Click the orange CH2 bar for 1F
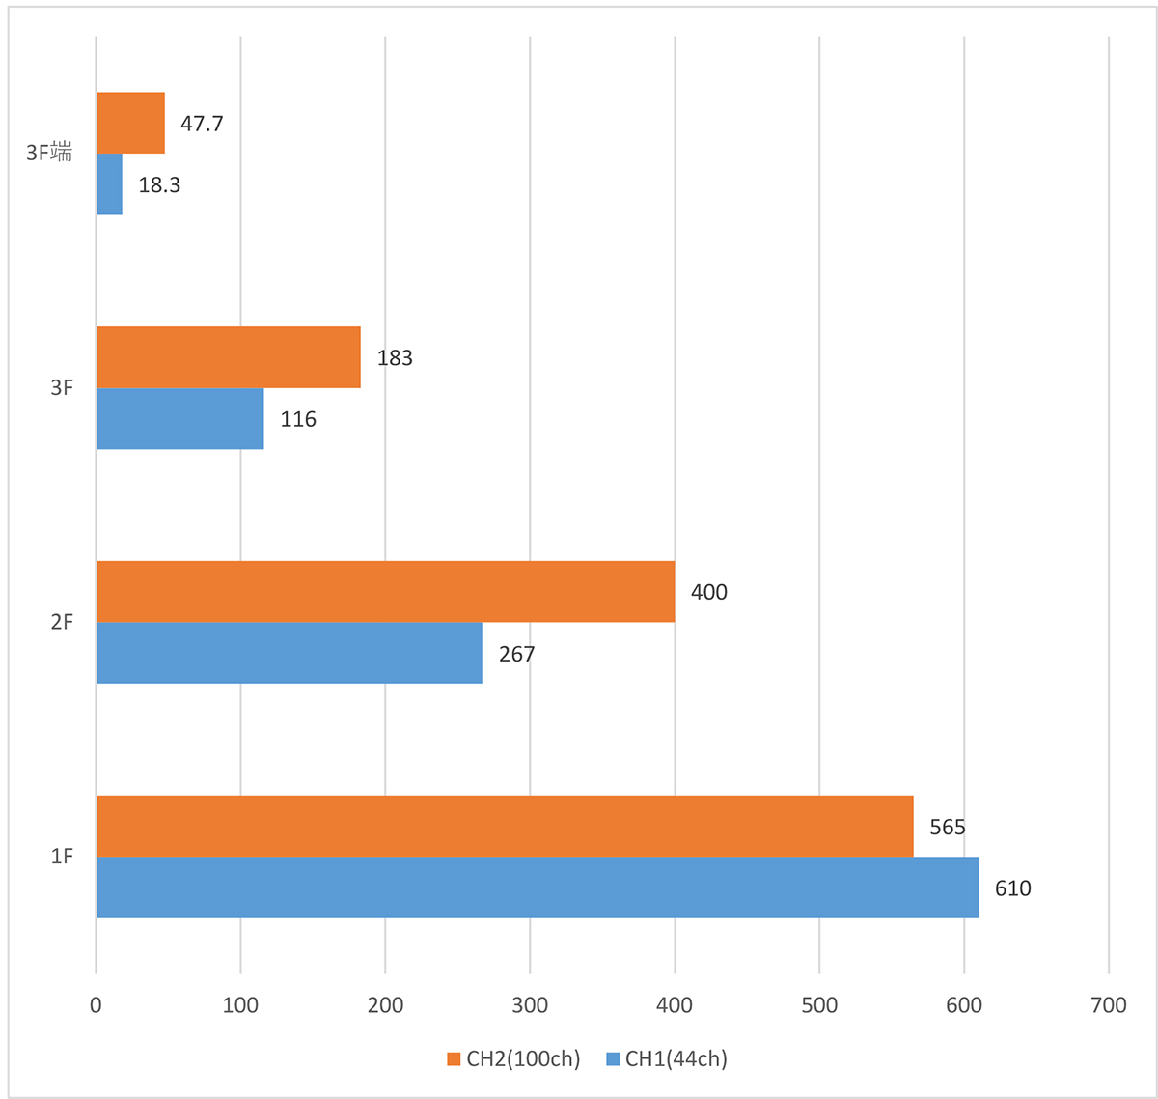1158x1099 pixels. coord(504,826)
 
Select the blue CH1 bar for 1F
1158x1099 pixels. coord(537,888)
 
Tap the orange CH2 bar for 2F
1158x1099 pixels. coord(385,591)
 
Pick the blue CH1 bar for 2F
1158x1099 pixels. coord(289,653)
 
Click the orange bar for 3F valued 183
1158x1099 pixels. coord(228,357)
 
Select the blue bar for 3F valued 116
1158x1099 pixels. coord(179,419)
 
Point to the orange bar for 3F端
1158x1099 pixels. coord(130,123)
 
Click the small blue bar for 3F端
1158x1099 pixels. coord(109,184)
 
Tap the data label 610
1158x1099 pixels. coord(1012,888)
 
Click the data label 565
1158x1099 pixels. coord(947,827)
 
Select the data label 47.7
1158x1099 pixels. coord(202,124)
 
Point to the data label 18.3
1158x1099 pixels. coord(159,185)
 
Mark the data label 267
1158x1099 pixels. coord(516,655)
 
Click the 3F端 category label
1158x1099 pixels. coord(49,153)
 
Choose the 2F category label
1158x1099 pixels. coord(62,622)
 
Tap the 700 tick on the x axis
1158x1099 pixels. coord(1108,1005)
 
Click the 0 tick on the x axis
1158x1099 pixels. coord(96,1005)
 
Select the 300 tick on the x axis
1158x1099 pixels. coord(530,1005)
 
